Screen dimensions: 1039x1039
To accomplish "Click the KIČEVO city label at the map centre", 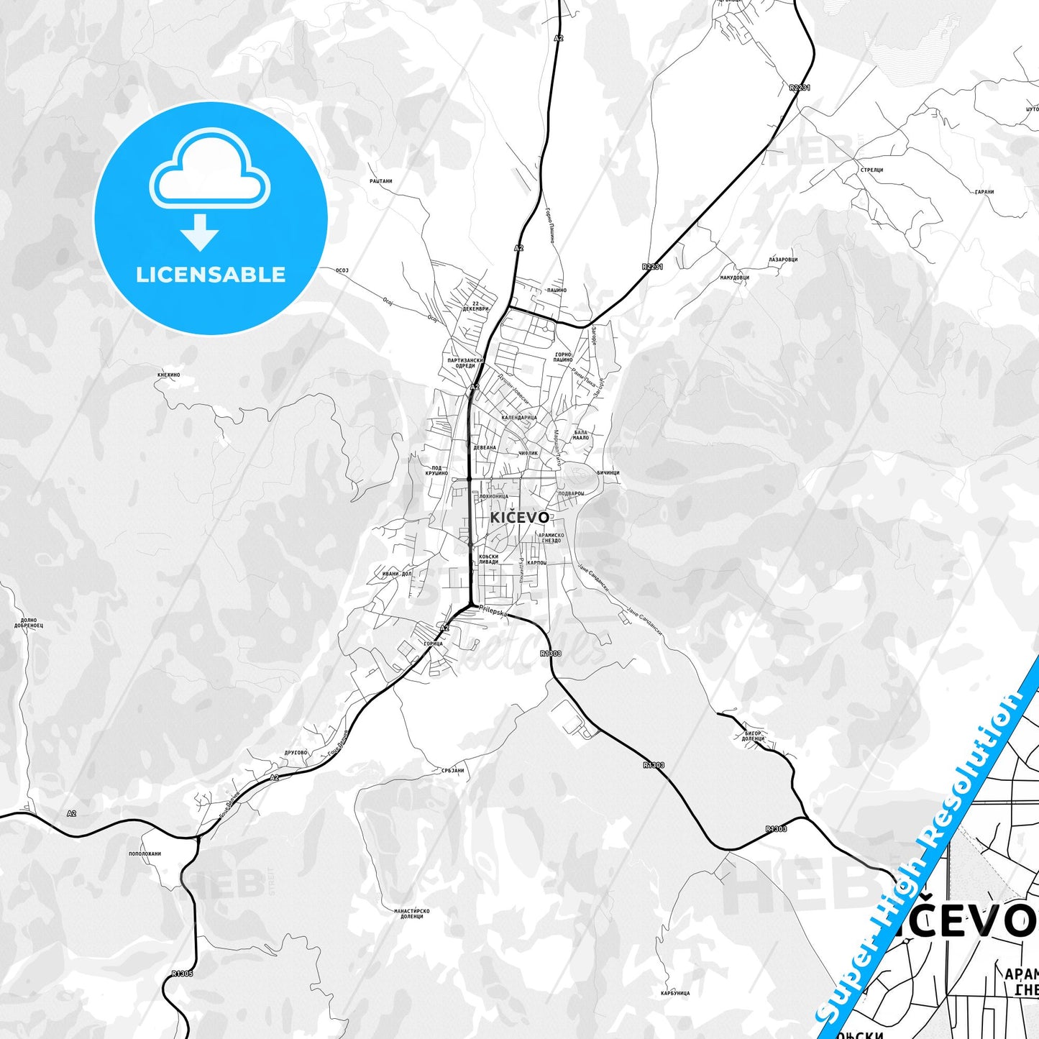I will pos(520,518).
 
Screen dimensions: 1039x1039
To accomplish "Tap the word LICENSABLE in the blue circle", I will pos(211,275).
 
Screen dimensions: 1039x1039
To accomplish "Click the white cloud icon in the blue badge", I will pos(209,170).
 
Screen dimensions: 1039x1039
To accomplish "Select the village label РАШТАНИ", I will pos(381,181).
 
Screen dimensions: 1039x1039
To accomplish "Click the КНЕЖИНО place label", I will pos(168,375).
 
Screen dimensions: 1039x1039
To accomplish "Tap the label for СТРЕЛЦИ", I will pos(871,170).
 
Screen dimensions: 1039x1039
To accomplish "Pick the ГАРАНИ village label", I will pos(984,192).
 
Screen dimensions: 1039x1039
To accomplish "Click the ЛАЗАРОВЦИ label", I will pos(783,260).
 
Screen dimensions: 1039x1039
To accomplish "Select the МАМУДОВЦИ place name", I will pos(734,278).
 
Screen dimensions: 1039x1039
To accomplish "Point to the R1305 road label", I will pos(182,974).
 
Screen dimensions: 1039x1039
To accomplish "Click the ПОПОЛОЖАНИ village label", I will pos(145,853).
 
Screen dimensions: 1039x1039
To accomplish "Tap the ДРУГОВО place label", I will pos(296,753).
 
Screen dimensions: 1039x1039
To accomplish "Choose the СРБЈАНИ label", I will pos(453,770).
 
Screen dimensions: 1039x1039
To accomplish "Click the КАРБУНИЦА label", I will pos(675,993).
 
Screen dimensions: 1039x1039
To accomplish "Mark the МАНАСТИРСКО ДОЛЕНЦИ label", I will pos(412,914).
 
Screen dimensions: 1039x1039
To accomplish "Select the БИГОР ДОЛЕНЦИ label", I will pos(754,736).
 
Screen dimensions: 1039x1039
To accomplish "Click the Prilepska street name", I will pos(493,611).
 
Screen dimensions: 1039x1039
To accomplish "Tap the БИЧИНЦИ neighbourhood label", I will pos(608,472).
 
